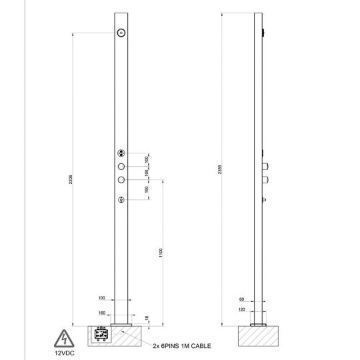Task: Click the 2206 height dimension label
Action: pos(71,180)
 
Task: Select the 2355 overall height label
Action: pos(220,170)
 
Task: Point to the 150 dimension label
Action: pos(147,190)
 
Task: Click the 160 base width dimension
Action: pos(102,312)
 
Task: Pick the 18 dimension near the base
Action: pos(147,319)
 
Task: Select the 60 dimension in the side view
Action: pos(242,299)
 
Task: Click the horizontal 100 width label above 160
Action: pos(102,298)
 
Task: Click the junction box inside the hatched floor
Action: pos(103,335)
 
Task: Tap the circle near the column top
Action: pos(121,34)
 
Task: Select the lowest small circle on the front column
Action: pos(121,201)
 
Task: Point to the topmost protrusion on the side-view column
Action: pos(264,32)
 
